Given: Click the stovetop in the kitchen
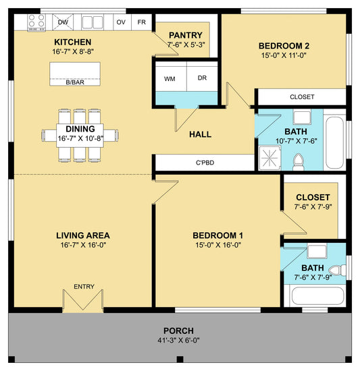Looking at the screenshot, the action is (36, 23).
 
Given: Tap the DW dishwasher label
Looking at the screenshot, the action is (63, 22).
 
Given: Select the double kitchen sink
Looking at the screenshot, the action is (93, 22).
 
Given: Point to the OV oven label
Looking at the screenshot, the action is (121, 22).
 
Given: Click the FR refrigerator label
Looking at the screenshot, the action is (142, 22).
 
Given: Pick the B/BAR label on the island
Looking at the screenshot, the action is (75, 82).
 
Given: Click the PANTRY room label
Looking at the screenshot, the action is (186, 35).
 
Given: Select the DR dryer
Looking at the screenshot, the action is (202, 77).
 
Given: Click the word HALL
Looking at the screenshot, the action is (200, 134).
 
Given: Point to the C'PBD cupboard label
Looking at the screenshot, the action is (205, 163).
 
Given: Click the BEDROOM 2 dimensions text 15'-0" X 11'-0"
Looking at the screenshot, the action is (284, 55).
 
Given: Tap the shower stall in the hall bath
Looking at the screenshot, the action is (270, 158).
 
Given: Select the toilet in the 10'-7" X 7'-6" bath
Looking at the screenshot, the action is (299, 162).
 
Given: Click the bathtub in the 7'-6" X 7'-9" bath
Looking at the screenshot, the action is (318, 296).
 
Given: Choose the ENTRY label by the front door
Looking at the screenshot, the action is (84, 287).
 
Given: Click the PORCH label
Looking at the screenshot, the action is (178, 331).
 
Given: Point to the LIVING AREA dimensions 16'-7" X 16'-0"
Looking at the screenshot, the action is (83, 245).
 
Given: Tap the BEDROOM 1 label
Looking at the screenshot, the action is (217, 235).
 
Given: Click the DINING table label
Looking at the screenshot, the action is (80, 129).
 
